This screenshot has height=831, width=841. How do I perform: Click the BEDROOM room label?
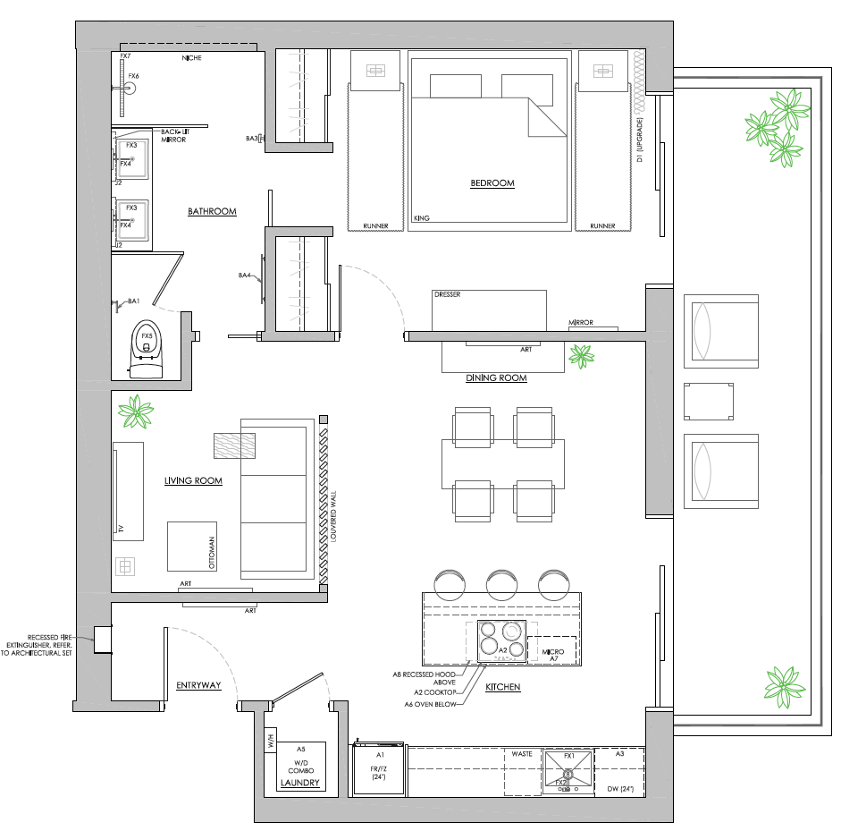[492, 183]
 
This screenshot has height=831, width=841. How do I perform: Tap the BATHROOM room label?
[212, 212]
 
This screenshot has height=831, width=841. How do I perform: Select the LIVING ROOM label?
[193, 481]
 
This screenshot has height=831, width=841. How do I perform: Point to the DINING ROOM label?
[496, 378]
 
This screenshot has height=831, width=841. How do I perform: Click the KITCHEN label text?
[502, 688]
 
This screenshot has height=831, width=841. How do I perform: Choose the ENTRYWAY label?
[198, 685]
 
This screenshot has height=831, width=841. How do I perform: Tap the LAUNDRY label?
[299, 783]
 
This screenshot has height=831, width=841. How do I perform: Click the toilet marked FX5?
[147, 344]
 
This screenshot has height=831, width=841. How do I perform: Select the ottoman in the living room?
[191, 546]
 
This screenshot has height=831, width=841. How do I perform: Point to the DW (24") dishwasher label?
[619, 788]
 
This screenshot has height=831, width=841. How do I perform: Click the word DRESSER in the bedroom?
[447, 294]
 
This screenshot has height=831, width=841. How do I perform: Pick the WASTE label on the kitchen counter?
[522, 754]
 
